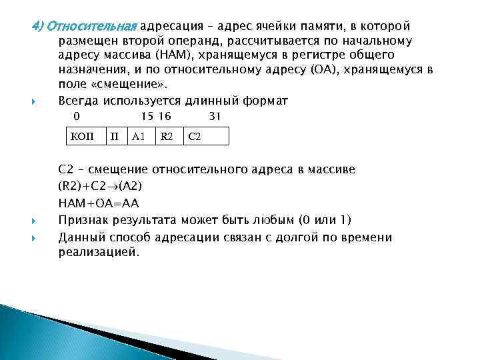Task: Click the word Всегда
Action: (x=79, y=101)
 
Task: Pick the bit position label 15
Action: (x=147, y=116)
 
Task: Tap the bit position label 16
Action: (x=164, y=116)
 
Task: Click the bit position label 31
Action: (x=215, y=116)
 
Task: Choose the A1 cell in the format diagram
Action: (x=139, y=137)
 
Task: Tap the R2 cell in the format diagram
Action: (x=166, y=137)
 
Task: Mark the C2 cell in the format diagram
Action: (x=195, y=137)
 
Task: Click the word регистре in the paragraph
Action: (x=299, y=55)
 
